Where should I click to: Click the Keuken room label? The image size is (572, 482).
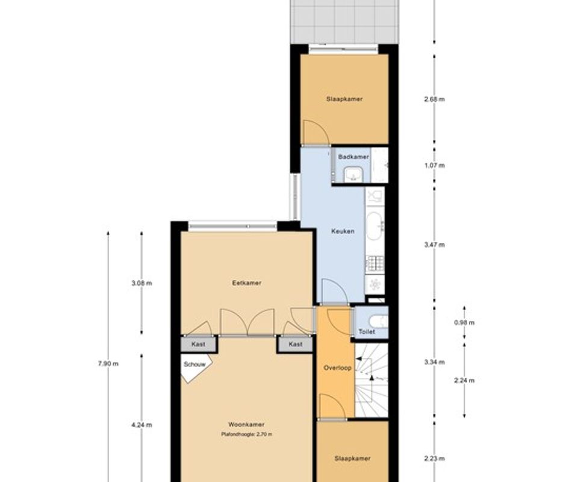pyautogui.click(x=343, y=231)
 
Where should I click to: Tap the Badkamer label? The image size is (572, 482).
pyautogui.click(x=353, y=157)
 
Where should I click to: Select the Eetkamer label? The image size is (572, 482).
pyautogui.click(x=247, y=283)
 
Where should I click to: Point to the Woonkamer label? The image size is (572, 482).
pyautogui.click(x=246, y=424)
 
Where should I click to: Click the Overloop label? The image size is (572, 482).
pyautogui.click(x=337, y=368)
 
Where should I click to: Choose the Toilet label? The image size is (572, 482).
pyautogui.click(x=367, y=331)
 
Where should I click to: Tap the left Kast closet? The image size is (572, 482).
pyautogui.click(x=199, y=345)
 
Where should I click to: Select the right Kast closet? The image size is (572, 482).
pyautogui.click(x=295, y=345)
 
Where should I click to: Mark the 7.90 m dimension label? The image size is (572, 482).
pyautogui.click(x=108, y=364)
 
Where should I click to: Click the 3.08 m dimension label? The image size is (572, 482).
pyautogui.click(x=142, y=283)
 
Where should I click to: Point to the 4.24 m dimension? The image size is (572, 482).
pyautogui.click(x=142, y=425)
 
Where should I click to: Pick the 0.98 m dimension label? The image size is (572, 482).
pyautogui.click(x=464, y=322)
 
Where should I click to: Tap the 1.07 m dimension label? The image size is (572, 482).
pyautogui.click(x=435, y=166)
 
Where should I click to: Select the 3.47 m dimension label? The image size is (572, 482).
pyautogui.click(x=435, y=245)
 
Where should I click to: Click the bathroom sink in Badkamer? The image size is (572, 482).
pyautogui.click(x=353, y=174)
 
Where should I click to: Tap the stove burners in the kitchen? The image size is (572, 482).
pyautogui.click(x=375, y=263)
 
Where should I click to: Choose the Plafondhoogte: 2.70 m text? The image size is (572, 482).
pyautogui.click(x=247, y=434)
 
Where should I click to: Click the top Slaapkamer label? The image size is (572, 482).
pyautogui.click(x=344, y=99)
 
